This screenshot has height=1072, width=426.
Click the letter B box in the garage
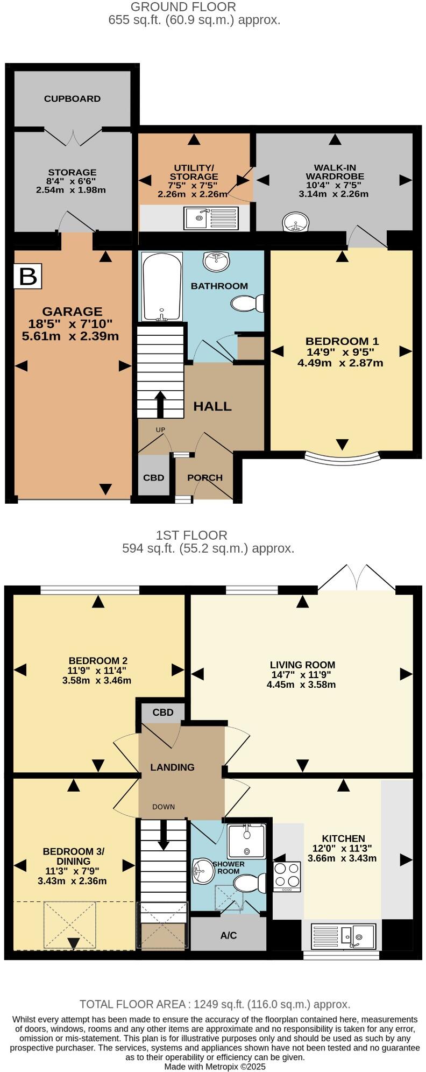pyautogui.click(x=28, y=276)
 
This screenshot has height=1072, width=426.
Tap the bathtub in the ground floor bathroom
pyautogui.click(x=161, y=286)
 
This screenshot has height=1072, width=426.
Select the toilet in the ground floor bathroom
pyautogui.click(x=247, y=304)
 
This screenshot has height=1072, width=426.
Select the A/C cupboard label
pyautogui.click(x=229, y=935)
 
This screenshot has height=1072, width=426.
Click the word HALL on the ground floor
pyautogui.click(x=212, y=406)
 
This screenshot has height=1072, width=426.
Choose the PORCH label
pyautogui.click(x=205, y=477)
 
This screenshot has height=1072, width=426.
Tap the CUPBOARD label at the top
pyautogui.click(x=72, y=98)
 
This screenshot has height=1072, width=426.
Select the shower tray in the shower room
pyautogui.click(x=246, y=841)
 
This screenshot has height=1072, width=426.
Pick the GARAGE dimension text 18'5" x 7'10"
pyautogui.click(x=72, y=323)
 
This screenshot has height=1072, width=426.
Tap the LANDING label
pyautogui.click(x=172, y=767)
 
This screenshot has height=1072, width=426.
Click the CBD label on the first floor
pyautogui.click(x=163, y=713)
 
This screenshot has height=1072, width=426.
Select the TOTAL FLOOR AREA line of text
pyautogui.click(x=215, y=1004)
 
